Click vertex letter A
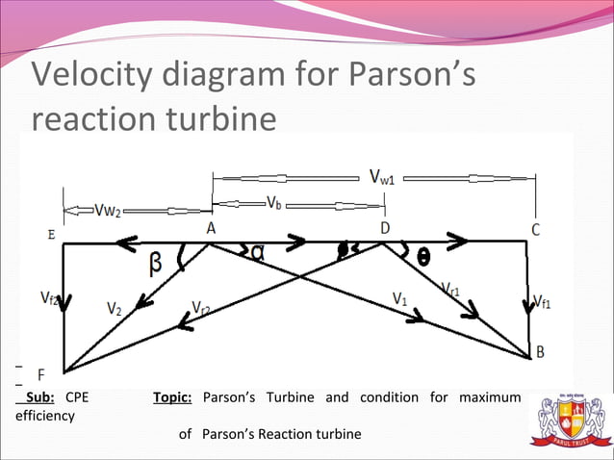(x=210, y=228)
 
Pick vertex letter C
(x=535, y=229)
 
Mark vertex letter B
(x=540, y=352)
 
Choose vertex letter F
(x=41, y=372)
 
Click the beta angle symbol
(x=156, y=262)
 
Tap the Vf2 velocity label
(x=52, y=299)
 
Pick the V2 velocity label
(x=115, y=310)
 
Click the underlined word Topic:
(x=172, y=397)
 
